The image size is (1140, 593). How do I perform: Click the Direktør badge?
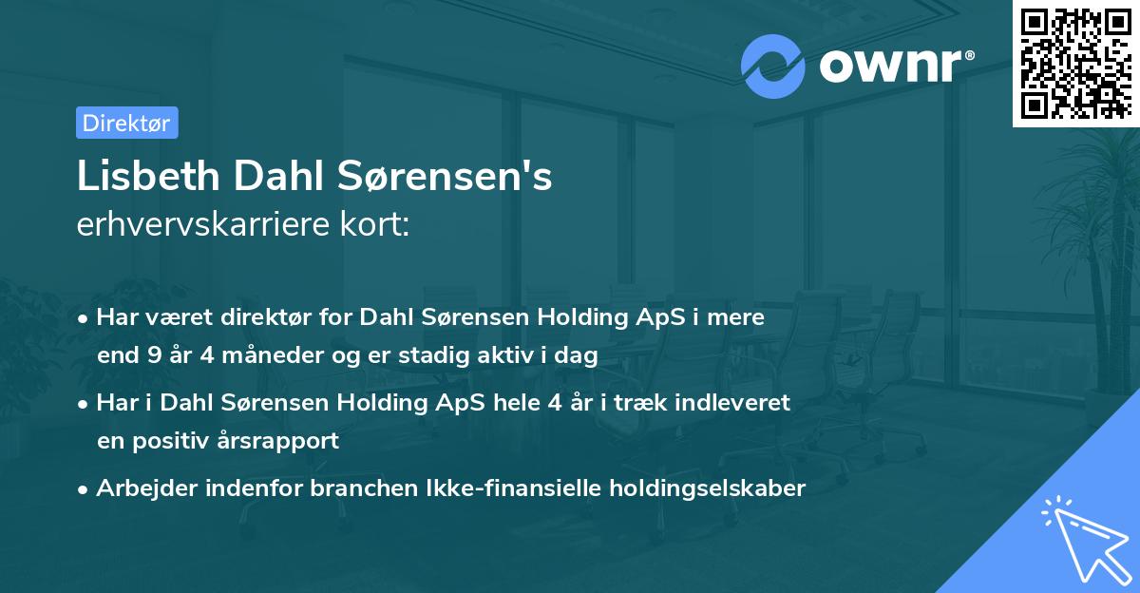[x=126, y=123]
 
